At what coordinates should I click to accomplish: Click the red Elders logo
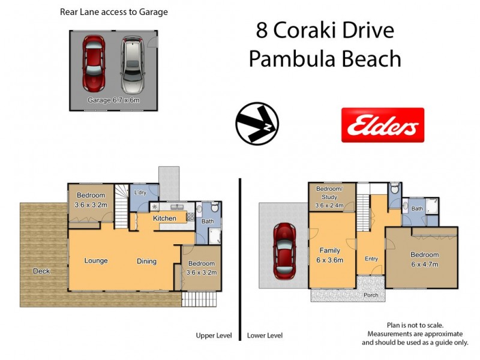382,125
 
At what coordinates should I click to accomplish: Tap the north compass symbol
256,124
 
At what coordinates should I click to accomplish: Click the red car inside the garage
94,62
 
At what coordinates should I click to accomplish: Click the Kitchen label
164,218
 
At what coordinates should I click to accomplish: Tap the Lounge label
96,261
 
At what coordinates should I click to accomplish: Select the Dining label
146,262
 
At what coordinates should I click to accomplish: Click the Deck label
41,271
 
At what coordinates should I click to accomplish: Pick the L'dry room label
140,193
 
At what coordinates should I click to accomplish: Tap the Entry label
371,259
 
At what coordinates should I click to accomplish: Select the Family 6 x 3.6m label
330,256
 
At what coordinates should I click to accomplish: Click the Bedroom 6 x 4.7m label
424,259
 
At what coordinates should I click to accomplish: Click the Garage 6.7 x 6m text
113,100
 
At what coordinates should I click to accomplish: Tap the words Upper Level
214,335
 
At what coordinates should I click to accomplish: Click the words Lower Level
265,335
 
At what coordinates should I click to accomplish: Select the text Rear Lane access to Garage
113,12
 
